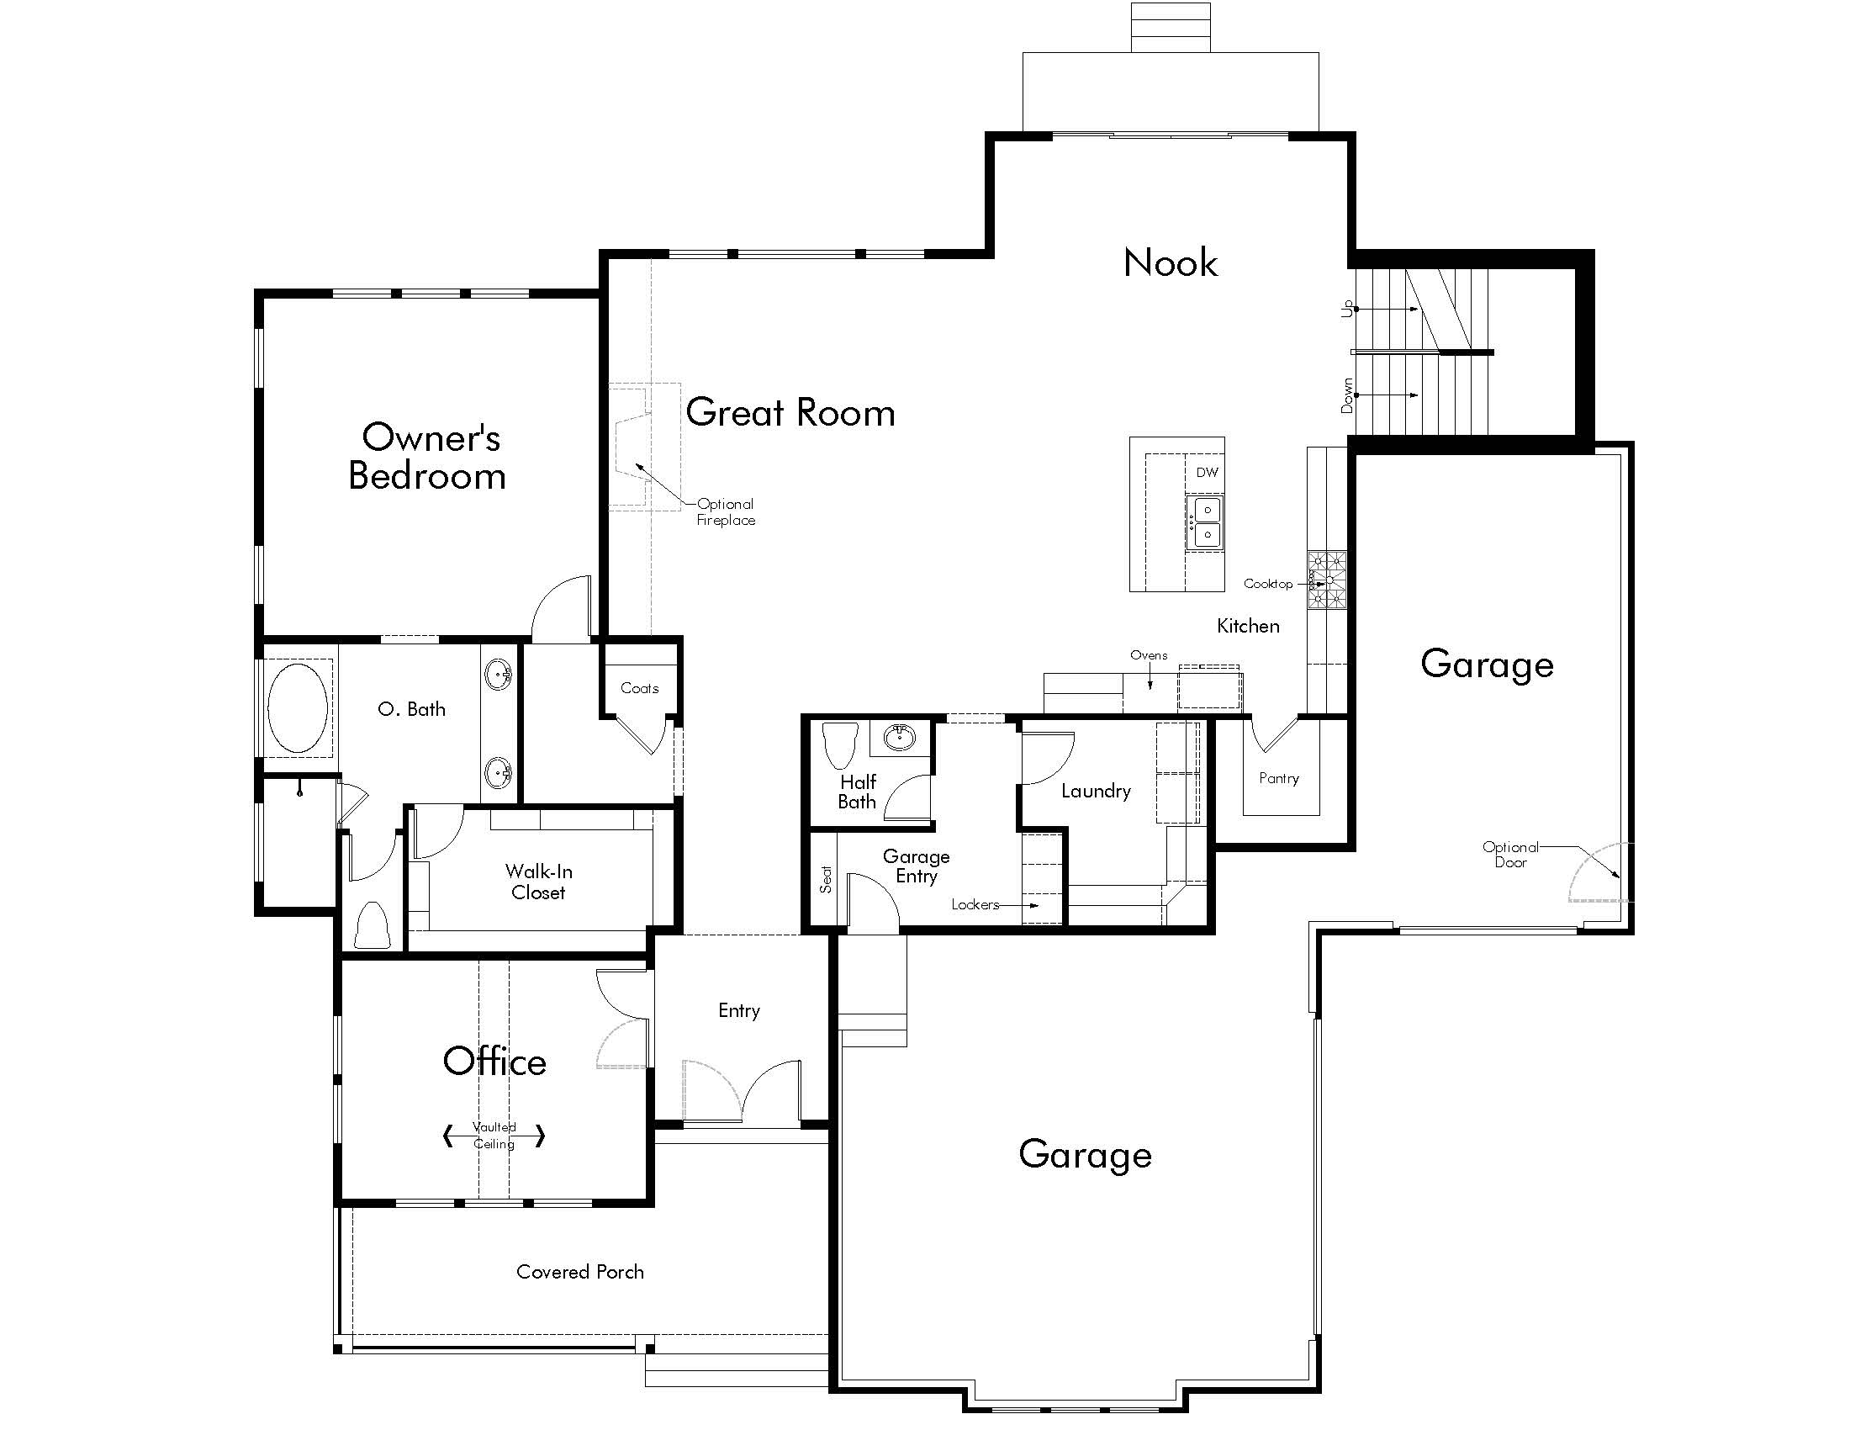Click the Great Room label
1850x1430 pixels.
[790, 412]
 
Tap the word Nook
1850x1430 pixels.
[1170, 262]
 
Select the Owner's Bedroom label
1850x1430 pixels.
[429, 457]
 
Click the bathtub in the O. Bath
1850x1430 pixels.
[298, 708]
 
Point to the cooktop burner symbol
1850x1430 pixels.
[1326, 580]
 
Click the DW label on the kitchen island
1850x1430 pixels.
[1207, 473]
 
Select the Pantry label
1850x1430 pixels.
[1278, 778]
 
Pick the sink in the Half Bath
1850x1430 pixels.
[899, 737]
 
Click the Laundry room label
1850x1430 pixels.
[1095, 792]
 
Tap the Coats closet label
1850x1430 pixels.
[639, 688]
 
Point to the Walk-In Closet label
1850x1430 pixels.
[539, 882]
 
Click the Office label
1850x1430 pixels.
[494, 1062]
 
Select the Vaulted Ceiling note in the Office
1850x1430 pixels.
[494, 1136]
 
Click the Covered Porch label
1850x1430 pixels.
[580, 1272]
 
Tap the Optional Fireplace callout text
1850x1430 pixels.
[726, 511]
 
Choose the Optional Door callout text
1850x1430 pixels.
[1510, 854]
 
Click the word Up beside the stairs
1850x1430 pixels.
[1347, 310]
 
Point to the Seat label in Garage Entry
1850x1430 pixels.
[826, 879]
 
